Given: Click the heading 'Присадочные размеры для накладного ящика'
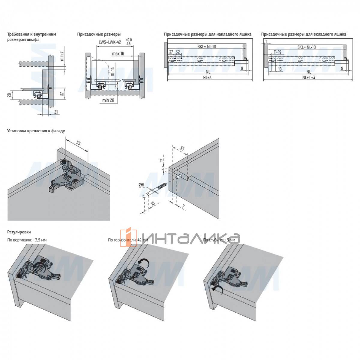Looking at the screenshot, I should click(208, 34).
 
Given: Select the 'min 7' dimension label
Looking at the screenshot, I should click(62, 56).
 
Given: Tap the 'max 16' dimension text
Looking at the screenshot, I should click(118, 54).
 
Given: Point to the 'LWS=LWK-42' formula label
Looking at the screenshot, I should click(110, 42).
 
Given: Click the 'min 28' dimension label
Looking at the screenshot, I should click(108, 100).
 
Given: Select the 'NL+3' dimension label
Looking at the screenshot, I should click(207, 77).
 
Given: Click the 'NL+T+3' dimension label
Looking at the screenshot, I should click(309, 77).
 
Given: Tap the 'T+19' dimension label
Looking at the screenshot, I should click(277, 52).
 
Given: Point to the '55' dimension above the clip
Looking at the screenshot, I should click(78, 143).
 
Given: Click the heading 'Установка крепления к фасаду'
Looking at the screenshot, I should click(36, 131).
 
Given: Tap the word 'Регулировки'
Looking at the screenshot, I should click(19, 232).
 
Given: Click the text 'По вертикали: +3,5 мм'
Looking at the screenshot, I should click(27, 240).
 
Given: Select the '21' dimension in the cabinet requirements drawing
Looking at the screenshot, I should click(56, 112).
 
